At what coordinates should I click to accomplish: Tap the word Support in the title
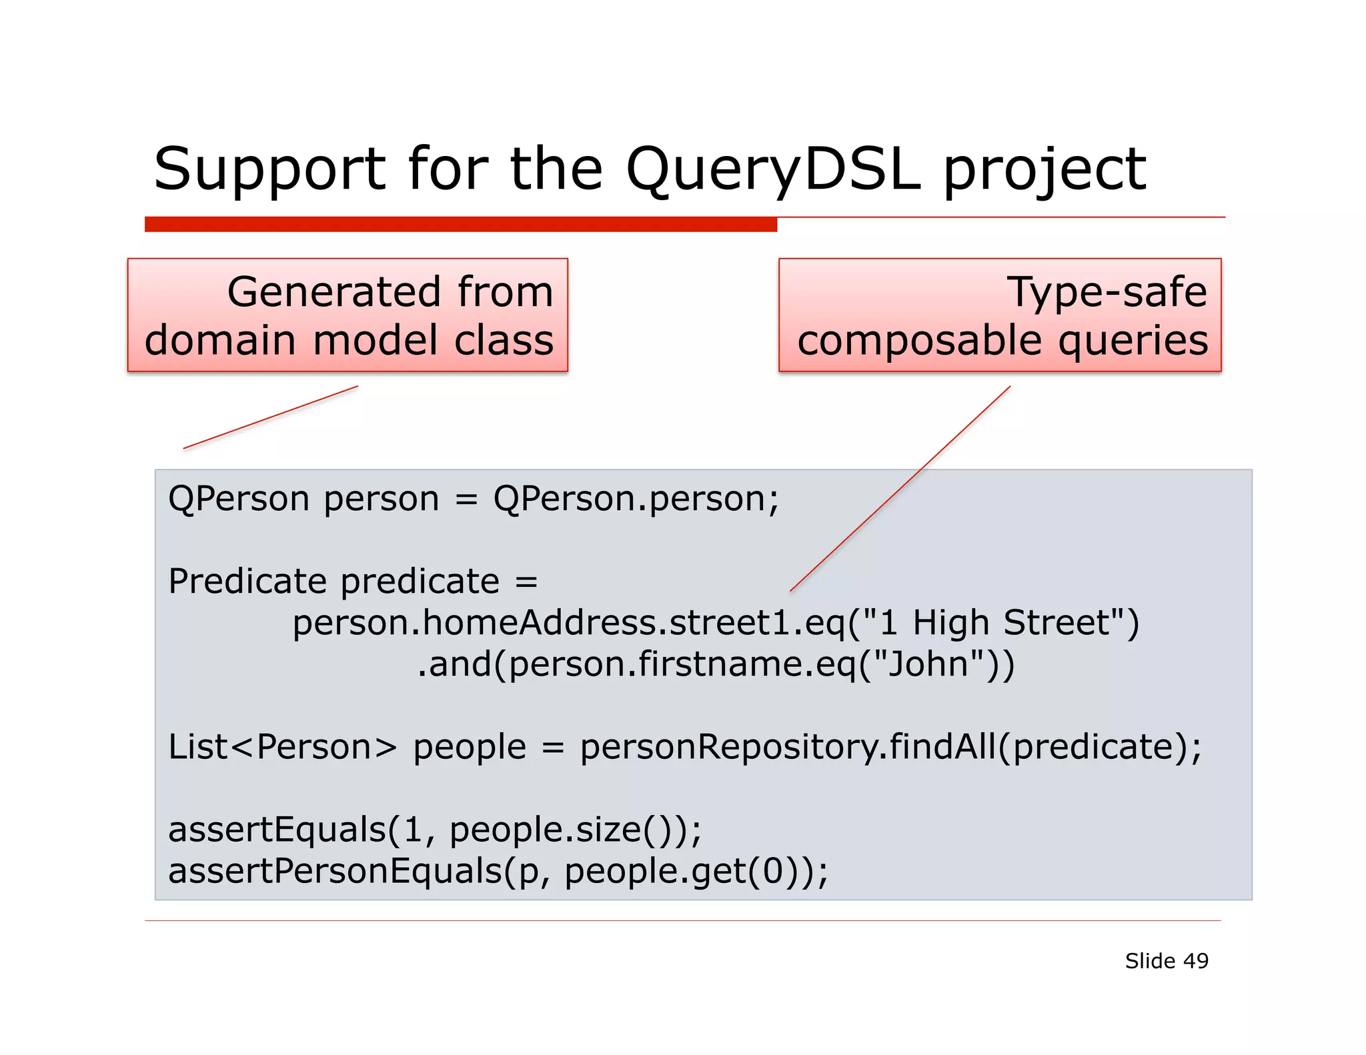[269, 170]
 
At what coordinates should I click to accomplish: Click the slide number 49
[1195, 961]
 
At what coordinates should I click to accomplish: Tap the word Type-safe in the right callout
[1107, 292]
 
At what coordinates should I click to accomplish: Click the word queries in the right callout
[1133, 341]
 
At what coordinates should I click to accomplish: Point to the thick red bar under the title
[460, 225]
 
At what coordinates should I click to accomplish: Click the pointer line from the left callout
[270, 417]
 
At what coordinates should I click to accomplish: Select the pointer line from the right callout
[900, 489]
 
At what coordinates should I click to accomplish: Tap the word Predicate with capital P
[247, 581]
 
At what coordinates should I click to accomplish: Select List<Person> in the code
[282, 747]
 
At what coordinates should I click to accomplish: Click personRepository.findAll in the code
[787, 747]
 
